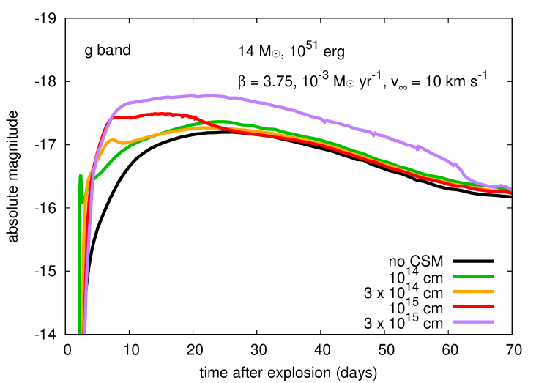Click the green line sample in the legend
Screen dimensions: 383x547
(473, 276)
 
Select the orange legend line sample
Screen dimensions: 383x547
(473, 291)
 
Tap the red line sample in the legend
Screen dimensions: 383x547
(473, 306)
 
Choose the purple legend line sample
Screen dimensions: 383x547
(473, 321)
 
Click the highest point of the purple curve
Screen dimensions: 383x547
(211, 95)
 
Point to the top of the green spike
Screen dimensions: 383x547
(81, 176)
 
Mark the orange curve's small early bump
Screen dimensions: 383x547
(112, 139)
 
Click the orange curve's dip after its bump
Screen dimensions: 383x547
(124, 142)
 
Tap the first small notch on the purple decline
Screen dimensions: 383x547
(373, 135)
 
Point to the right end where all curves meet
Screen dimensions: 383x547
(510, 190)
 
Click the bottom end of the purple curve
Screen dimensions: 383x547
(84, 332)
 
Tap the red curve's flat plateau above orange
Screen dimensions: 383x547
(157, 114)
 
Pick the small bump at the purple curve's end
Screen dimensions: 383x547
(501, 186)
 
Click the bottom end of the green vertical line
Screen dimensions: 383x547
(79, 332)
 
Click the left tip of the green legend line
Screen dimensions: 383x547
(454, 276)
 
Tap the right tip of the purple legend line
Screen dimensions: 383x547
(494, 321)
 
